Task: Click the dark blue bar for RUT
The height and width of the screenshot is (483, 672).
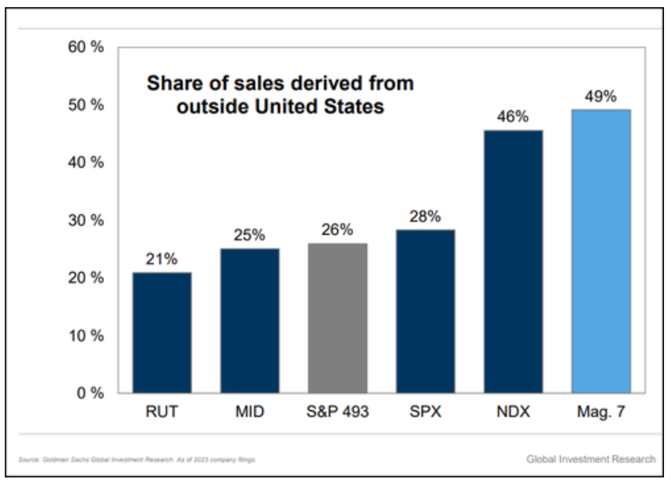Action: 162,332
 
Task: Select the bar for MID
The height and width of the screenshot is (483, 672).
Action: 250,320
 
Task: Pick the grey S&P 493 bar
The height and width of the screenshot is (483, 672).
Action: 338,318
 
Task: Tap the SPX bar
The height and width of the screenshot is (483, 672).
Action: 425,311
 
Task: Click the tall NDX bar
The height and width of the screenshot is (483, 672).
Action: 513,261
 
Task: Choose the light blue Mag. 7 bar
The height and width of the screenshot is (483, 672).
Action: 601,251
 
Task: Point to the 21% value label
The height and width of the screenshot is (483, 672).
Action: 162,260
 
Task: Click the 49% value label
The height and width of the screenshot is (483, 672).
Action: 601,97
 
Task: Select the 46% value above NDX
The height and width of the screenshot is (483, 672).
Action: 513,117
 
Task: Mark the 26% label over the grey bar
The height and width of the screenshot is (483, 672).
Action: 338,231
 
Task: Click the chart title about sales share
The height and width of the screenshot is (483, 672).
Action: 280,95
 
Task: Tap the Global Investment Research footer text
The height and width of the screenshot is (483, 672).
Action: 591,459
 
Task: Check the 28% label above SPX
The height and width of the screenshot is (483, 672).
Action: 425,217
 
